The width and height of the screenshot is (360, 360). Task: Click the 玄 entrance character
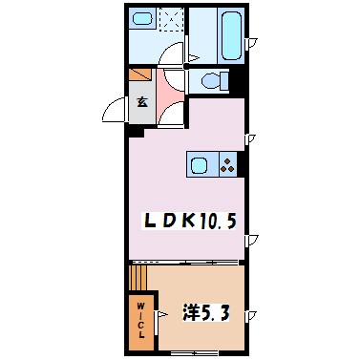tap(140, 102)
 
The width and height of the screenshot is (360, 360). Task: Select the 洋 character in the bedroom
tap(191, 313)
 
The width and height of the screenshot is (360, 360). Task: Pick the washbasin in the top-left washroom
tap(143, 20)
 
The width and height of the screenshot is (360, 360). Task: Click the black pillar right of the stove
tap(243, 164)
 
